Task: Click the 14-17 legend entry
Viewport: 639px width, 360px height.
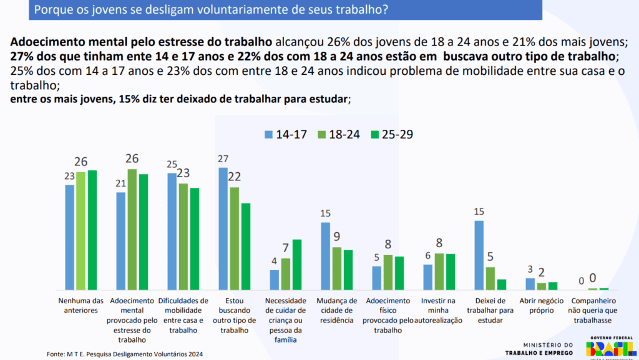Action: coord(288,135)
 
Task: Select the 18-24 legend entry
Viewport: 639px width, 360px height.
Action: coord(341,135)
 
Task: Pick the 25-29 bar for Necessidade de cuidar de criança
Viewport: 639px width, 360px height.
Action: coord(297,265)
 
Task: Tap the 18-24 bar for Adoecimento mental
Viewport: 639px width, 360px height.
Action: coord(132,229)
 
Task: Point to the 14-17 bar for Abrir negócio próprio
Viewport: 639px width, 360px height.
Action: coord(530,284)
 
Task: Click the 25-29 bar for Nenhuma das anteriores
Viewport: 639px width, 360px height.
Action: coord(92,230)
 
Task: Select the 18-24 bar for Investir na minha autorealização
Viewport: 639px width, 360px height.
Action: coord(439,271)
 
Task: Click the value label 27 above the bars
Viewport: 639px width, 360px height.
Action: coord(223,158)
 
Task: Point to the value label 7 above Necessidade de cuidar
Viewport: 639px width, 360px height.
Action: coord(286,248)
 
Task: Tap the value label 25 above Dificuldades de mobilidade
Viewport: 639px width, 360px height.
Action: coord(172,164)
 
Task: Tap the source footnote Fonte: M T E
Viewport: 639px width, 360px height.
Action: coord(125,354)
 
